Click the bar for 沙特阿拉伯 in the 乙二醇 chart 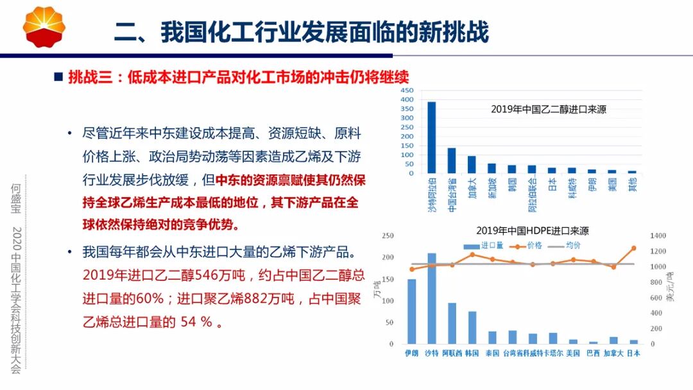pyautogui.click(x=432, y=137)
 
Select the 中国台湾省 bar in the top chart pyautogui.click(x=452, y=160)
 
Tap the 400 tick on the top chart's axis pyautogui.click(x=408, y=99)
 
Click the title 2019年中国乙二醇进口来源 pyautogui.click(x=549, y=109)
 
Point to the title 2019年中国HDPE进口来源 pyautogui.click(x=532, y=230)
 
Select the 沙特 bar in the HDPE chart pyautogui.click(x=432, y=298)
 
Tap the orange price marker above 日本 pyautogui.click(x=634, y=248)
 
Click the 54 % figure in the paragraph pyautogui.click(x=196, y=322)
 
